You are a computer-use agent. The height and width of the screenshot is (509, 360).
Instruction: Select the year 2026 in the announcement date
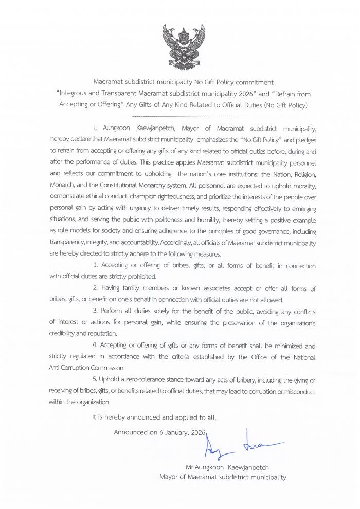pos(195,432)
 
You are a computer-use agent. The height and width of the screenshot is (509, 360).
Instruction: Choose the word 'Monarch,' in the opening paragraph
pos(64,184)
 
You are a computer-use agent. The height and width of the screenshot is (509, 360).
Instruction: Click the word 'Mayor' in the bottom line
pos(170,477)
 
